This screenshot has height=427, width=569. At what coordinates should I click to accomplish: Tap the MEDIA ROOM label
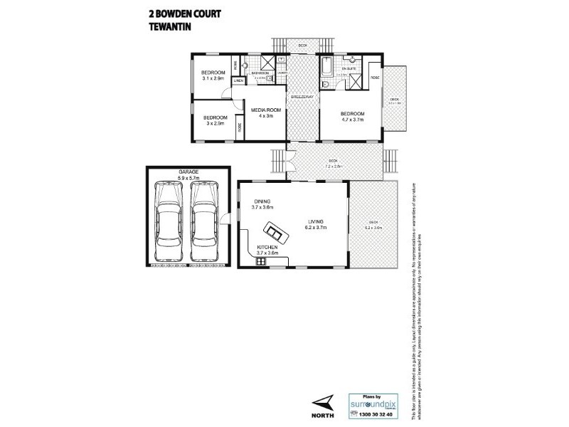click(266, 110)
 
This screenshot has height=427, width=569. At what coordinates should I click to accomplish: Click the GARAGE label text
click(188, 172)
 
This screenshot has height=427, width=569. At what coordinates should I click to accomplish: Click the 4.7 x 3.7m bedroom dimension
click(352, 120)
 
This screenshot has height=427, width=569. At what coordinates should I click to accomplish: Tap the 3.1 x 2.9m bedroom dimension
click(213, 78)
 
